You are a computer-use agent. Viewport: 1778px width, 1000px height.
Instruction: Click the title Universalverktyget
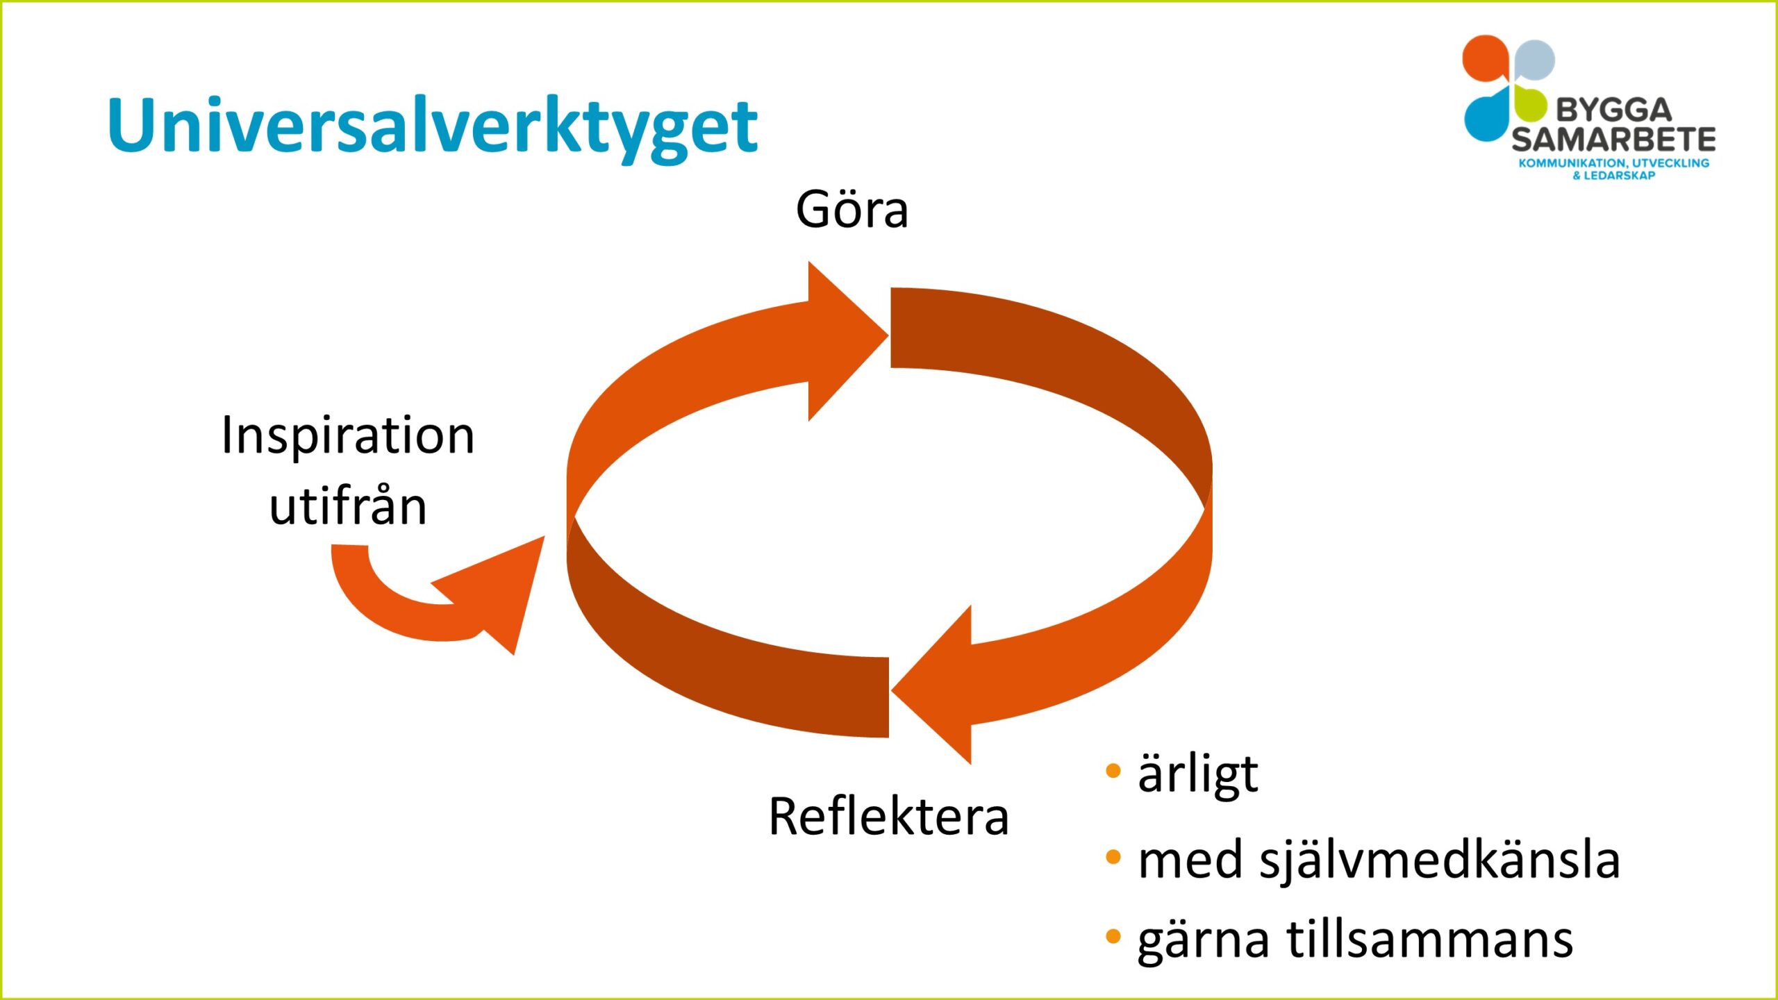pyautogui.click(x=432, y=126)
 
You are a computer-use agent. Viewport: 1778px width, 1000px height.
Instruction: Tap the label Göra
pyautogui.click(x=851, y=210)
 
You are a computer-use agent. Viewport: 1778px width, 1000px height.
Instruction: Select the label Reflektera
pyautogui.click(x=888, y=817)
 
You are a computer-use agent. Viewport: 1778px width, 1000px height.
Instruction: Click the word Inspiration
pyautogui.click(x=347, y=436)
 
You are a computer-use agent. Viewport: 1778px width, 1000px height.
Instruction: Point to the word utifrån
pyautogui.click(x=347, y=507)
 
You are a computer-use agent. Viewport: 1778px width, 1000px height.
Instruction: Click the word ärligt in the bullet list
pyautogui.click(x=1197, y=774)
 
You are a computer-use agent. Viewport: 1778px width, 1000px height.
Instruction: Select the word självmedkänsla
pyautogui.click(x=1439, y=860)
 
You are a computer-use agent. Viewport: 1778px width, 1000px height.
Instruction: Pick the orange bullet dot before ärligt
pyautogui.click(x=1113, y=771)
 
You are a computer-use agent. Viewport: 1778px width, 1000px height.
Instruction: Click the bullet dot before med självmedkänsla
pyautogui.click(x=1113, y=857)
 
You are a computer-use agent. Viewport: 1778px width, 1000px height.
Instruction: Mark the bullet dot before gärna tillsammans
pyautogui.click(x=1113, y=936)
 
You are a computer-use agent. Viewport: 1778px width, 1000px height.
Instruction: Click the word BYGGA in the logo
pyautogui.click(x=1613, y=110)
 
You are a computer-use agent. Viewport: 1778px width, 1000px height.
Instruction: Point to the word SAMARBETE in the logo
pyautogui.click(x=1613, y=140)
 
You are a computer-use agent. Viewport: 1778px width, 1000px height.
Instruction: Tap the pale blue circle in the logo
pyautogui.click(x=1535, y=60)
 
